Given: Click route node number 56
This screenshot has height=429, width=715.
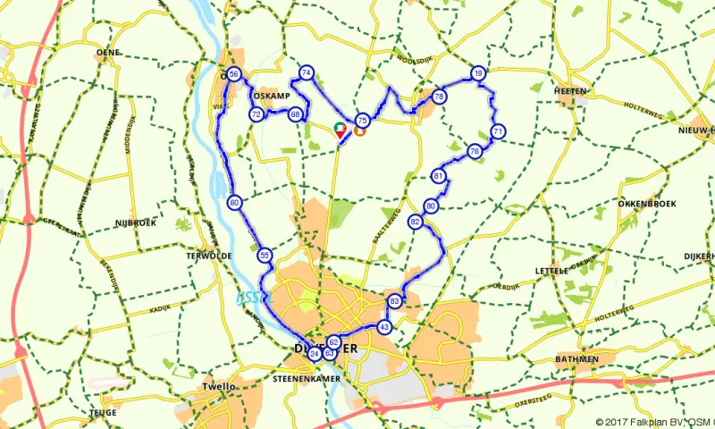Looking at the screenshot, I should pos(233,74).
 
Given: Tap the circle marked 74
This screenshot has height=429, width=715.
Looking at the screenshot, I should pos(307,72).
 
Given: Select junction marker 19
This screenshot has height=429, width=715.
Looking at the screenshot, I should pos(479,73).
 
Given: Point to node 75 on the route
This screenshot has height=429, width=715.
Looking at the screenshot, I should pos(362,120).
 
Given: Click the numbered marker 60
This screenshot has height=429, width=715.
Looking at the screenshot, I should pos(233,203).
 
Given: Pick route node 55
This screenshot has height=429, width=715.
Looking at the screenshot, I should pos(265,256).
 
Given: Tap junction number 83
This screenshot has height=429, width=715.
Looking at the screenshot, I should pos(395,301).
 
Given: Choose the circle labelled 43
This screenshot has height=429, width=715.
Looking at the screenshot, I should pos(384,327).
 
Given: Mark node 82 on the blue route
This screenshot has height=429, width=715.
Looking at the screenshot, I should pos(415,222).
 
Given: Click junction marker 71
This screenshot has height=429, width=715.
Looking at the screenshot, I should pos(498,131).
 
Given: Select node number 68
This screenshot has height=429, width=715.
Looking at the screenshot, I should pos(295,114).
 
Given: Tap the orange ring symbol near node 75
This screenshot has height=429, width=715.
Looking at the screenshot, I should pos(359,130).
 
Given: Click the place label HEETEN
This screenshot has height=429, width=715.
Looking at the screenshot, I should pos(569,91).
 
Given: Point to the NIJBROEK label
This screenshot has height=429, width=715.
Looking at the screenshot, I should pos(135,223).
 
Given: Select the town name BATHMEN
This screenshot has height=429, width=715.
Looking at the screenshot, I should pos(576,359).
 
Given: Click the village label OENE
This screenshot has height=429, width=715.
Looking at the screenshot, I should pos(108,54).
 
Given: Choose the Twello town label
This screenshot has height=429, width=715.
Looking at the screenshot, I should pos(219,386).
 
